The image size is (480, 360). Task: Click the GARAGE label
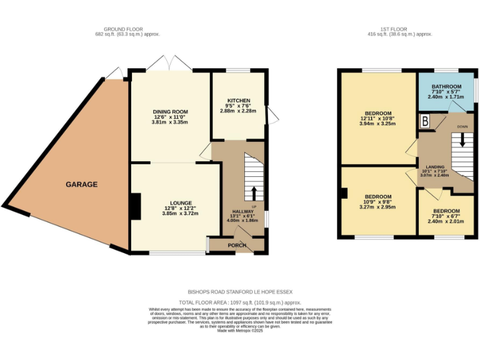[x=82, y=184]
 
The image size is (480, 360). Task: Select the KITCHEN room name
[x=239, y=101]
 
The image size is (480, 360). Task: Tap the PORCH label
[x=236, y=246]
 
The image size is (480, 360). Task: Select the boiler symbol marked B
[x=425, y=122]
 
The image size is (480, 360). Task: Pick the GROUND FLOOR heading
[x=123, y=29]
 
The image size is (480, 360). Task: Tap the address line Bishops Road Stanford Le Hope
[x=240, y=291]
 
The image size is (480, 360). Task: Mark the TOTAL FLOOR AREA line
[x=240, y=302]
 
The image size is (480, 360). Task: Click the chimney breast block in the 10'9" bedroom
[x=344, y=192]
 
